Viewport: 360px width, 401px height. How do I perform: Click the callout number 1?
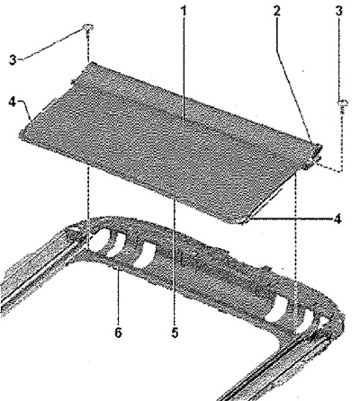coord(184,12)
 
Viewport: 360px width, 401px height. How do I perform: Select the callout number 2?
coord(276,12)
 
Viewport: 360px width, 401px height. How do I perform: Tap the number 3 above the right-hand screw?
coord(338,12)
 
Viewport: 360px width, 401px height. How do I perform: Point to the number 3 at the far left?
coord(13,60)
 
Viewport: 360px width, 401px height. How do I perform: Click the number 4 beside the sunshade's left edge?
coord(12,102)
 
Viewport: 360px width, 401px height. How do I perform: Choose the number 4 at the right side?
coord(337,219)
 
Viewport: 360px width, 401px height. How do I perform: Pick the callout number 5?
coord(175,333)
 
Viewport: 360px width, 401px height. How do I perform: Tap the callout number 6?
coord(119,333)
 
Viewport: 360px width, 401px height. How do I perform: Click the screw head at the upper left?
coord(87,28)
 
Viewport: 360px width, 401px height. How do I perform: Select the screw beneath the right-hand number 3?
coord(343,106)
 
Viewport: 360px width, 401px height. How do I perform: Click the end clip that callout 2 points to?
coord(318,151)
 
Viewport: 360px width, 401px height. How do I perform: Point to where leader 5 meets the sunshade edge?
coord(175,197)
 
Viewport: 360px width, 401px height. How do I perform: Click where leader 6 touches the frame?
coord(118,269)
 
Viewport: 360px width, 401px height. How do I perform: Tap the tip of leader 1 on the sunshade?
coord(184,120)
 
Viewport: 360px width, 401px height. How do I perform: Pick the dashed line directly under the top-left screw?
coord(88,48)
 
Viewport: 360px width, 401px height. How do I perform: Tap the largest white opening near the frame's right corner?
coord(277,311)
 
